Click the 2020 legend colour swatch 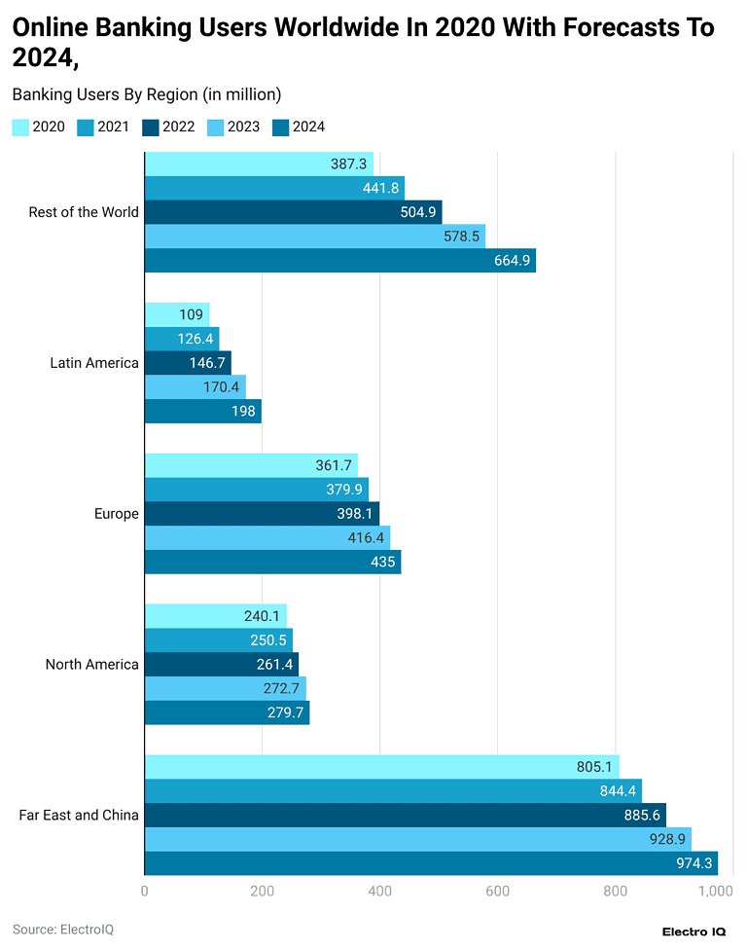tap(20, 127)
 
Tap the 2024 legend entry tap(298, 127)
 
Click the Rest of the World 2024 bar tap(339, 261)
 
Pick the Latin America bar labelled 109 tap(176, 314)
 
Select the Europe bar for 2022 tap(262, 514)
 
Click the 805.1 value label tap(593, 767)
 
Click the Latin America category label tap(94, 363)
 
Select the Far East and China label tap(79, 815)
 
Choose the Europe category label tap(117, 514)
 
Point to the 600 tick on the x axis tap(497, 892)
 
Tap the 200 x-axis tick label tap(262, 892)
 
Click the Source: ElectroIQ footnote tap(63, 930)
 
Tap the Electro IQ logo tap(694, 931)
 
